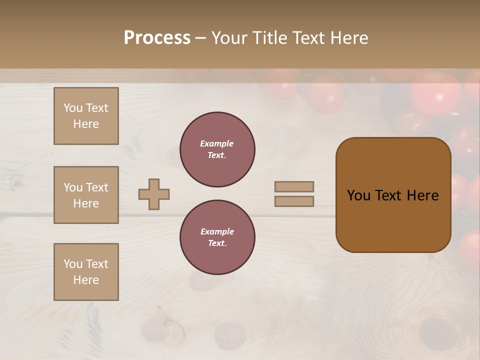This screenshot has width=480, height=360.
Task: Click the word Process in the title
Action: pyautogui.click(x=157, y=38)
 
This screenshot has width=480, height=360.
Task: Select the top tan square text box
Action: pyautogui.click(x=86, y=116)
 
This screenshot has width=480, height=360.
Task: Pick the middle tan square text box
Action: pyautogui.click(x=86, y=195)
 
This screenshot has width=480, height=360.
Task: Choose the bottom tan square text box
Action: pyautogui.click(x=86, y=272)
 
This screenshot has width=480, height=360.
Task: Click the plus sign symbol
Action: pyautogui.click(x=154, y=194)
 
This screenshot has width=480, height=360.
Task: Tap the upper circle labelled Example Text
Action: pyautogui.click(x=217, y=149)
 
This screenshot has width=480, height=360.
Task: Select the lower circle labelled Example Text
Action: pyautogui.click(x=217, y=237)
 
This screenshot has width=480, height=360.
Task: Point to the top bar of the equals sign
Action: pyautogui.click(x=294, y=186)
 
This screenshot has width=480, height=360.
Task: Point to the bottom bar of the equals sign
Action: pyautogui.click(x=294, y=201)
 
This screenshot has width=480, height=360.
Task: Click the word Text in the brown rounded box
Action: pyautogui.click(x=388, y=195)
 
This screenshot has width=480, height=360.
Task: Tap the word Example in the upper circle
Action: pyautogui.click(x=216, y=143)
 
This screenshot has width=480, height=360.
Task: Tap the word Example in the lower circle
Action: pyautogui.click(x=217, y=231)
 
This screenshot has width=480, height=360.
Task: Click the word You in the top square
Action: pyautogui.click(x=73, y=108)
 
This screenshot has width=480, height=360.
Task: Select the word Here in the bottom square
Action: pyautogui.click(x=86, y=280)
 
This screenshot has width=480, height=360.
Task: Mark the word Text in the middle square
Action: pyautogui.click(x=97, y=187)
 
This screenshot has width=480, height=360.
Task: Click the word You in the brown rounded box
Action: pyautogui.click(x=358, y=195)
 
